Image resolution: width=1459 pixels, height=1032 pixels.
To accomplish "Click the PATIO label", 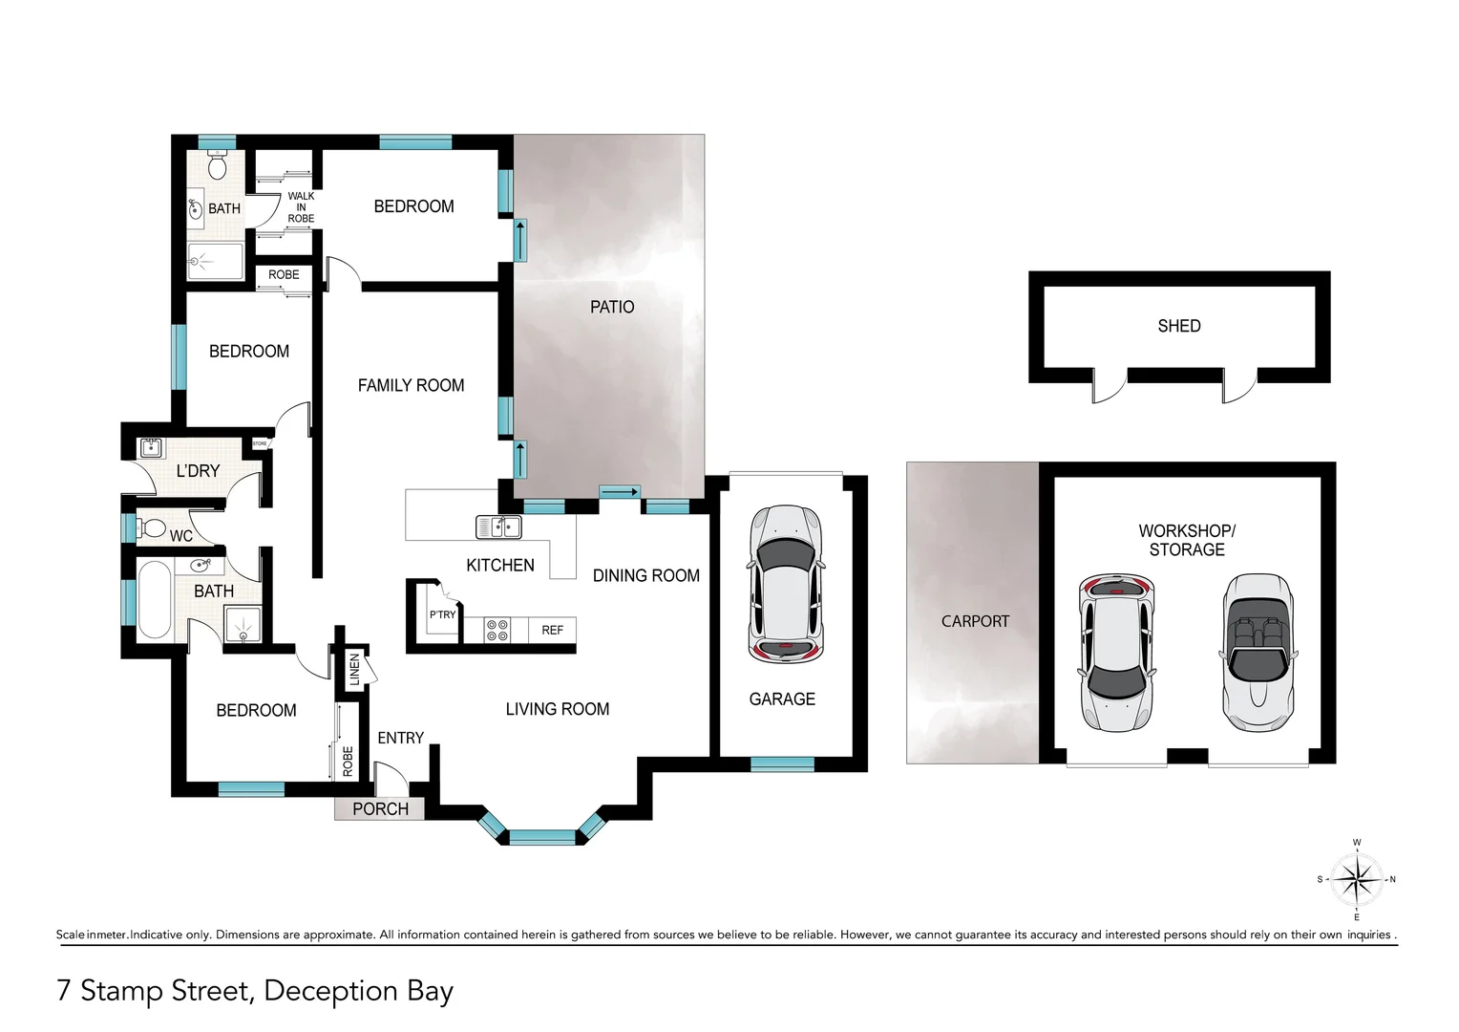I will [612, 307].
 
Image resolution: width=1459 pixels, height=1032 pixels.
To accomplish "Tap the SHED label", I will [1178, 326].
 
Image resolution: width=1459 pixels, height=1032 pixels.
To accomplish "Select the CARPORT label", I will [975, 621].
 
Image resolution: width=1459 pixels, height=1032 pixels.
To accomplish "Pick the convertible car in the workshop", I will [1257, 653].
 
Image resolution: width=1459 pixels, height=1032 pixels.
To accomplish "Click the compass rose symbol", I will [1357, 879].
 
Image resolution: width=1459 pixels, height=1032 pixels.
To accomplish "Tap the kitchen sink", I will [498, 526].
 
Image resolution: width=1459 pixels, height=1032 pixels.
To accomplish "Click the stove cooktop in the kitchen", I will [497, 630].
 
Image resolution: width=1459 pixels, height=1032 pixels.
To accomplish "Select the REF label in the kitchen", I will [552, 630].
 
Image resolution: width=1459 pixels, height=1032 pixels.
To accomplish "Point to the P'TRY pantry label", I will [442, 614].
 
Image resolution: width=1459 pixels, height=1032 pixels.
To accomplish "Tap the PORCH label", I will [380, 808].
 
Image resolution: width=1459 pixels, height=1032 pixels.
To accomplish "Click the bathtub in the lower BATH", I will [155, 599].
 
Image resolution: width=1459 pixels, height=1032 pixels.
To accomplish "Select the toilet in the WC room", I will [151, 527].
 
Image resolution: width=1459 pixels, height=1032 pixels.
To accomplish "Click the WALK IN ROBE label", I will [301, 207].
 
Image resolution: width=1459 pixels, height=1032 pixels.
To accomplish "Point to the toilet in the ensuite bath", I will [217, 168].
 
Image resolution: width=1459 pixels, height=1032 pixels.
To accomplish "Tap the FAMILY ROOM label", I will [411, 385].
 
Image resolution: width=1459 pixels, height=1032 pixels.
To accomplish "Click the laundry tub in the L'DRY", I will [151, 447].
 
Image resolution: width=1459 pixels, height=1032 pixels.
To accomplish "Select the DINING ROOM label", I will [645, 575].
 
